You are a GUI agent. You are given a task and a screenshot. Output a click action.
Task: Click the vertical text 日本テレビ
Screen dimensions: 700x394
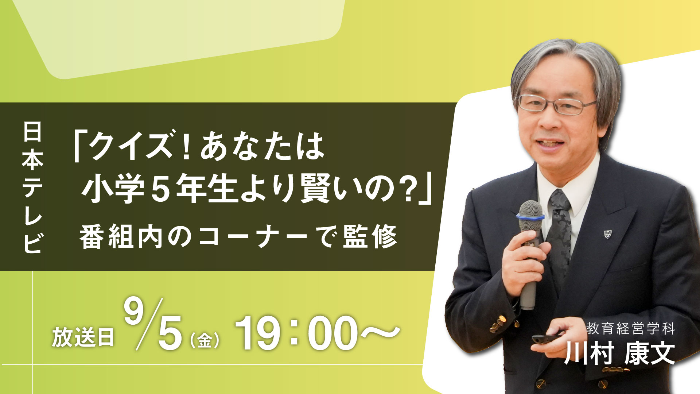pos(32,187)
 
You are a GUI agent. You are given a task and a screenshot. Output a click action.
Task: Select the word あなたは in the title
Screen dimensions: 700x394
pos(262,146)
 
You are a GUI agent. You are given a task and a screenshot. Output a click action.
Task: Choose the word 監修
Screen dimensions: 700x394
pos(370,237)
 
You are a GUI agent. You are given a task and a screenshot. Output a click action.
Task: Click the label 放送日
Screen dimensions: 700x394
pos(83,337)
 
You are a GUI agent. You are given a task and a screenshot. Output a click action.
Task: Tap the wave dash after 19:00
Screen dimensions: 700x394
pos(379,332)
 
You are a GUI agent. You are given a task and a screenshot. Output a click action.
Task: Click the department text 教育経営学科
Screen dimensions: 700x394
pos(630,329)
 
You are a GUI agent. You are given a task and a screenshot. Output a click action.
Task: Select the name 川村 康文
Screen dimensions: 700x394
pos(620,353)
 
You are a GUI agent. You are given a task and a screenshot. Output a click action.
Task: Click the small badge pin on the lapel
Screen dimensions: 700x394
pos(607,234)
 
